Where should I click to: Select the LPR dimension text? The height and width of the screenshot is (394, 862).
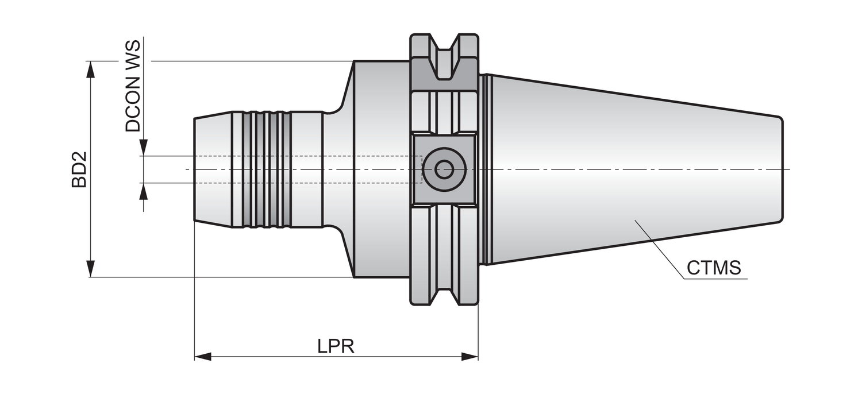coord(336,346)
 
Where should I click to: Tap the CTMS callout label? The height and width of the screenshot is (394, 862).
coord(714,268)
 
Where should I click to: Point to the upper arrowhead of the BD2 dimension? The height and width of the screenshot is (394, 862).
coord(90,68)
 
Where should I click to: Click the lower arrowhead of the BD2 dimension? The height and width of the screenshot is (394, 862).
coord(90,269)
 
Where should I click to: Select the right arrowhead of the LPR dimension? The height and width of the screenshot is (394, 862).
coord(470,357)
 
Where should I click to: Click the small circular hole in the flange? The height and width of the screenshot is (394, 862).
coord(443,169)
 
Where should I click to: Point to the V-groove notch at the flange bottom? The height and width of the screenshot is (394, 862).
coord(444,287)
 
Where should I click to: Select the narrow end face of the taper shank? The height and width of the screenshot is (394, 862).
coord(780,169)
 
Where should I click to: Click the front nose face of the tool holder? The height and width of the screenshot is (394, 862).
coord(195,169)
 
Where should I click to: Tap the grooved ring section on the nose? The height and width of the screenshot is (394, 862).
coord(266,169)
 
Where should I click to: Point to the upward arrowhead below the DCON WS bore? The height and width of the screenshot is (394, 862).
coord(144,191)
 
